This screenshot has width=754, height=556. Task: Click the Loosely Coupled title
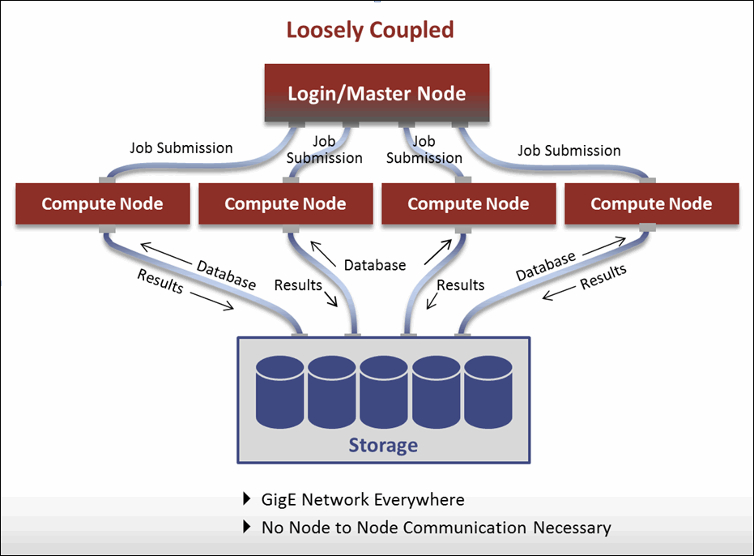coord(369,31)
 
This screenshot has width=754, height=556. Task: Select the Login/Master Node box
coord(377,93)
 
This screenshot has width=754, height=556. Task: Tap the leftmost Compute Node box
coord(102,203)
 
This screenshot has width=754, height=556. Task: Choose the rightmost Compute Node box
coord(651,203)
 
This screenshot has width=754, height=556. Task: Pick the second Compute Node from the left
coord(285,203)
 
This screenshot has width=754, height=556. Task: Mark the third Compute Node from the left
coord(468,203)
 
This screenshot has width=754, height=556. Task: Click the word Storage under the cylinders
coord(383,445)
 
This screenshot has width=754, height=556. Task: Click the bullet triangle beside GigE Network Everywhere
coord(247,499)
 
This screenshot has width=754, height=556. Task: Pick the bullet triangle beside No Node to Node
coord(247,528)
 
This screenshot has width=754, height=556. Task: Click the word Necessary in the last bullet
coord(572,528)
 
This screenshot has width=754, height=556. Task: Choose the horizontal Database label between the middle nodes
coord(374,265)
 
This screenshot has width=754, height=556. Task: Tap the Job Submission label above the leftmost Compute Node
coord(181,148)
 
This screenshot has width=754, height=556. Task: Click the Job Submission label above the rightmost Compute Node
coord(569,151)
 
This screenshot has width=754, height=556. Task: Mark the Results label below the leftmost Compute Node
coord(160,281)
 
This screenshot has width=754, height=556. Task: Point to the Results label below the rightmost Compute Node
coord(603,277)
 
